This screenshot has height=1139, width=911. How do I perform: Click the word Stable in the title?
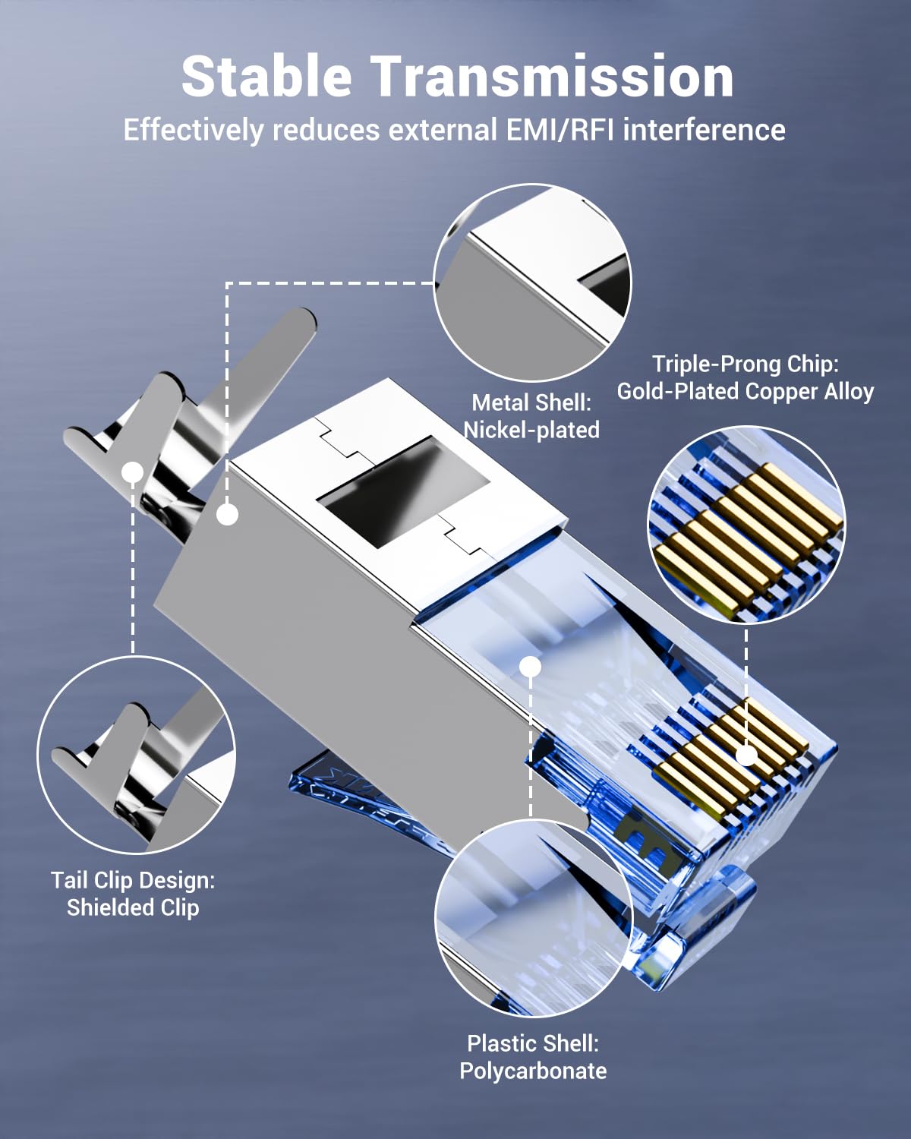point(266,77)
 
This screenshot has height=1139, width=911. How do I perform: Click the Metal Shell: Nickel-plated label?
point(531,416)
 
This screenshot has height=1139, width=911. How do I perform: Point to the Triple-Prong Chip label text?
point(745,364)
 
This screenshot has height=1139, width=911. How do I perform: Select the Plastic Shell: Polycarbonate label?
point(533,1057)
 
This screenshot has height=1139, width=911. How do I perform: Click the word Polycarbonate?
point(533,1071)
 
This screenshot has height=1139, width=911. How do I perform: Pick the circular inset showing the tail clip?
point(136,755)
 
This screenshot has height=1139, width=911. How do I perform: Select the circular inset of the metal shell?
point(531,282)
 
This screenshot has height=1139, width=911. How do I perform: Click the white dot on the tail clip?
point(133,472)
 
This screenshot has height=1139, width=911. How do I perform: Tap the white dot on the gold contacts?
point(746,755)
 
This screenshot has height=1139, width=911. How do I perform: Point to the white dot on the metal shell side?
point(227,515)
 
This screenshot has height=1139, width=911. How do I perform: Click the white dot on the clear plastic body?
point(531,667)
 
